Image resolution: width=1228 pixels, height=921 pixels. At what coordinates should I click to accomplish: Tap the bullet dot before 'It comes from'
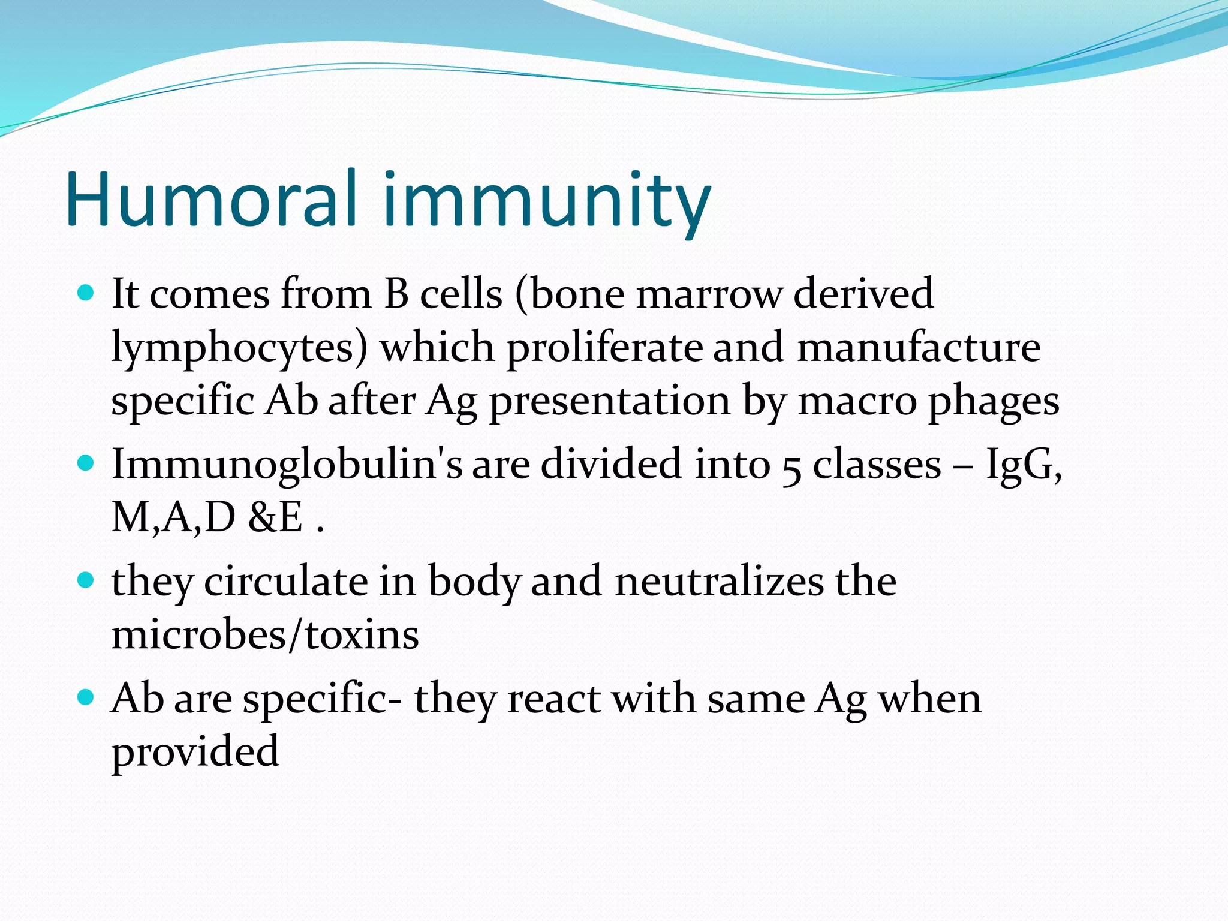[87, 293]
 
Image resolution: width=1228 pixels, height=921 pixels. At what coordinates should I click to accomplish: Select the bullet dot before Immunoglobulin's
[87, 463]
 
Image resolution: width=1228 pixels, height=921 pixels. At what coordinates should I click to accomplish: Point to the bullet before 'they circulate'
[87, 580]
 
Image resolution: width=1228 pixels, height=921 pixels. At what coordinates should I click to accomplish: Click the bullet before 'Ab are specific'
[87, 698]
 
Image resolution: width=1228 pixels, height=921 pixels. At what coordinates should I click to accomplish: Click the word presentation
[610, 402]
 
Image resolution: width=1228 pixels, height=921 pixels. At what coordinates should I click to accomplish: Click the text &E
[276, 517]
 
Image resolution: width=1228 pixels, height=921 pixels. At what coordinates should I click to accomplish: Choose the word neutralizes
[720, 581]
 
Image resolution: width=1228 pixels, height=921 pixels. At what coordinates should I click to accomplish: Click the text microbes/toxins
[265, 634]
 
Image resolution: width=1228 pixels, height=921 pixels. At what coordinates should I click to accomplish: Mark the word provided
[195, 752]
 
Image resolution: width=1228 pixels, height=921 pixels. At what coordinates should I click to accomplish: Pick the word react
[554, 699]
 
